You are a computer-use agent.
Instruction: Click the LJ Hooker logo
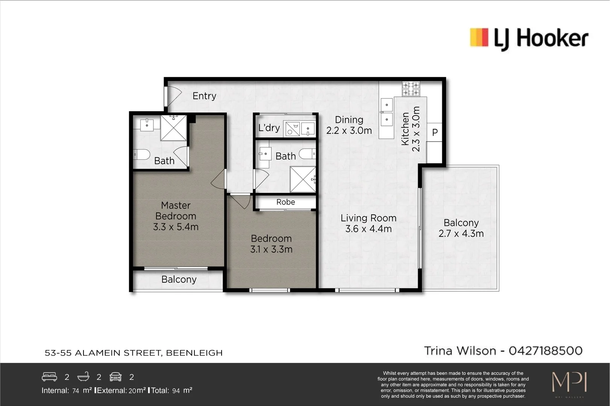(x=529, y=38)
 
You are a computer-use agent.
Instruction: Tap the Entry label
(x=204, y=96)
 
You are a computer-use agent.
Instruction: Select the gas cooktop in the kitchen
(x=411, y=89)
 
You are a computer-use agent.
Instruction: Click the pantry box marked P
(x=435, y=132)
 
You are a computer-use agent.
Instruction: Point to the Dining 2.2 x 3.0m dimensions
(x=349, y=130)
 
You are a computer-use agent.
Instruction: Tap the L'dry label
(x=269, y=128)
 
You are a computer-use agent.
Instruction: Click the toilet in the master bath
(x=142, y=154)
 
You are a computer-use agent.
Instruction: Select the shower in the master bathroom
(x=173, y=128)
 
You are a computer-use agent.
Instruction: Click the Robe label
(x=285, y=202)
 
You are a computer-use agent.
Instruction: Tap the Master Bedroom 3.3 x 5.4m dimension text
(x=176, y=227)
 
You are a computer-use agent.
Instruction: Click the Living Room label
(x=368, y=218)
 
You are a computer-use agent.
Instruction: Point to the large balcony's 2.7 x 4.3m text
(x=461, y=233)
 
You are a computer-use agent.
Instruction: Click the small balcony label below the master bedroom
(x=179, y=279)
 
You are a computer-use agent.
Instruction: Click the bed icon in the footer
(x=49, y=376)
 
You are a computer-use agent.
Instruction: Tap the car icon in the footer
(x=116, y=376)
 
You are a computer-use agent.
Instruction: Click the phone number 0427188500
(x=545, y=351)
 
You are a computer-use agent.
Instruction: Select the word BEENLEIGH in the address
(x=194, y=353)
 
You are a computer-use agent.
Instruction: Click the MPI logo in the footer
(x=569, y=383)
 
